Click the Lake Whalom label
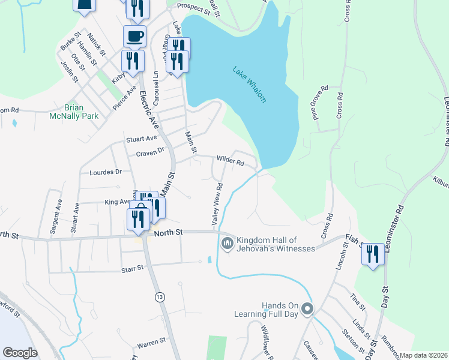pos(249,85)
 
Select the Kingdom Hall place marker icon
pos(227,243)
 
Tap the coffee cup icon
pos(134,35)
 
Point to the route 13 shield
pos(159,297)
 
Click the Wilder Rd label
pos(230,161)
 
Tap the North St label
pos(168,232)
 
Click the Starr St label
pos(132,268)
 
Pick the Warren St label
pos(151,343)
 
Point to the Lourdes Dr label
pos(106,172)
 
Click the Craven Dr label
pos(150,152)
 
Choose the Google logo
pos(20,353)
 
